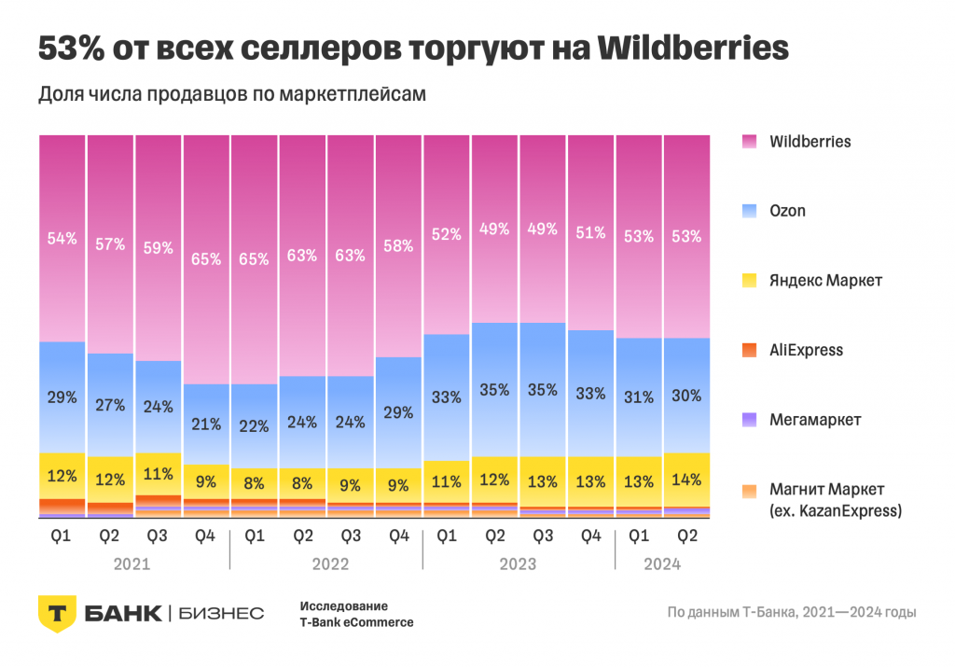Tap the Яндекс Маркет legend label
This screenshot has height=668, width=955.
(825, 280)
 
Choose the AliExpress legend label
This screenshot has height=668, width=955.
(806, 350)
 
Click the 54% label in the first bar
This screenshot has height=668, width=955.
(62, 239)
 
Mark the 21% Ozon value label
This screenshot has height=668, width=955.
(206, 424)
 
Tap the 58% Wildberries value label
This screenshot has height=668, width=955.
(399, 246)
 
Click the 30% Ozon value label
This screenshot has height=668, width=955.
(686, 396)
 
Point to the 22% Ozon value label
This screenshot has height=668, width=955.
(255, 425)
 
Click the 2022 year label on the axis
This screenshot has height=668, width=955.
(326, 564)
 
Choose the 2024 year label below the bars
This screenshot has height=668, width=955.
(662, 564)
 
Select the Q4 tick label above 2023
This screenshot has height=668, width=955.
(591, 536)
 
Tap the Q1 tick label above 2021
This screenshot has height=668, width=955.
(62, 536)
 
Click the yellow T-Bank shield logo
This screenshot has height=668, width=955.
(57, 613)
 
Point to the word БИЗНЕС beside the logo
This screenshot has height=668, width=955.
(220, 613)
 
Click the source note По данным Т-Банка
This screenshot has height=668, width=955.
(792, 613)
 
